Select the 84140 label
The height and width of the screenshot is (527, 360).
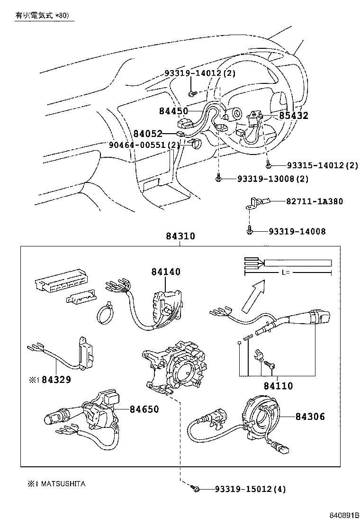pos(166,272)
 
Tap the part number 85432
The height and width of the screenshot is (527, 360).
pos(293,116)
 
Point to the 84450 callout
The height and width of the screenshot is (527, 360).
pos(174,111)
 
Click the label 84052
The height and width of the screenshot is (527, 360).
pos(148,134)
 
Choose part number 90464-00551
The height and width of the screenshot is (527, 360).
pos(138,145)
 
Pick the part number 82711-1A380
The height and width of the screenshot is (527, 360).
pos(314,201)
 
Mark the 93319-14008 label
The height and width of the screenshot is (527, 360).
pos(297,231)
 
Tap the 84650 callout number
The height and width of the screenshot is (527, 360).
pos(144,409)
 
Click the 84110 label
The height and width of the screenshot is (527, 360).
pos(279,386)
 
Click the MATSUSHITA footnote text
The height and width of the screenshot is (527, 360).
pos(63,484)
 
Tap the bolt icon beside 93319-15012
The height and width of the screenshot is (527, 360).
pos(195,488)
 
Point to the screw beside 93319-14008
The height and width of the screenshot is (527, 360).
pos(249,231)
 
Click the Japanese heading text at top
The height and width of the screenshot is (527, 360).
pos(42,16)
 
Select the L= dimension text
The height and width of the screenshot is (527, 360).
pos(286,273)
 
